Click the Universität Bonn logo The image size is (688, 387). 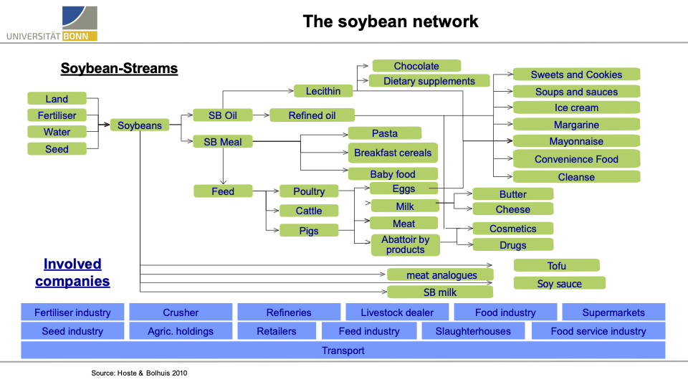tap(52, 24)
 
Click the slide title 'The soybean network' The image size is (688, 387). tap(391, 21)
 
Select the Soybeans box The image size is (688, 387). tap(140, 125)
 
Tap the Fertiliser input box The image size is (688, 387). tap(57, 115)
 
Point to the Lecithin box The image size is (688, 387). tap(323, 91)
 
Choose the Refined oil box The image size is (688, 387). tap(312, 115)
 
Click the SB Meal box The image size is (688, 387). tap(223, 142)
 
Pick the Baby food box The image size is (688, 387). tap(393, 174)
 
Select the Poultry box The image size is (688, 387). tap(309, 191)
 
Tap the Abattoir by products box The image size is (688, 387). tap(405, 245)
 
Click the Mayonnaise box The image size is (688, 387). tap(576, 141)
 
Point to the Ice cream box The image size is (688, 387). tap(576, 108)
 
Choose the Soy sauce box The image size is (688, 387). tap(559, 284)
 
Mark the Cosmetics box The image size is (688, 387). tap(512, 229)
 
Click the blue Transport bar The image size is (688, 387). tap(343, 350)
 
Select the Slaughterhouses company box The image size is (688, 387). tap(473, 331)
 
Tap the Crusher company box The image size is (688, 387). tap(181, 312)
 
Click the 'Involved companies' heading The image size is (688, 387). tap(72, 272)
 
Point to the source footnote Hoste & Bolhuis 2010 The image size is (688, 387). tap(139, 373)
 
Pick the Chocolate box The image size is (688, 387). tap(416, 66)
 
